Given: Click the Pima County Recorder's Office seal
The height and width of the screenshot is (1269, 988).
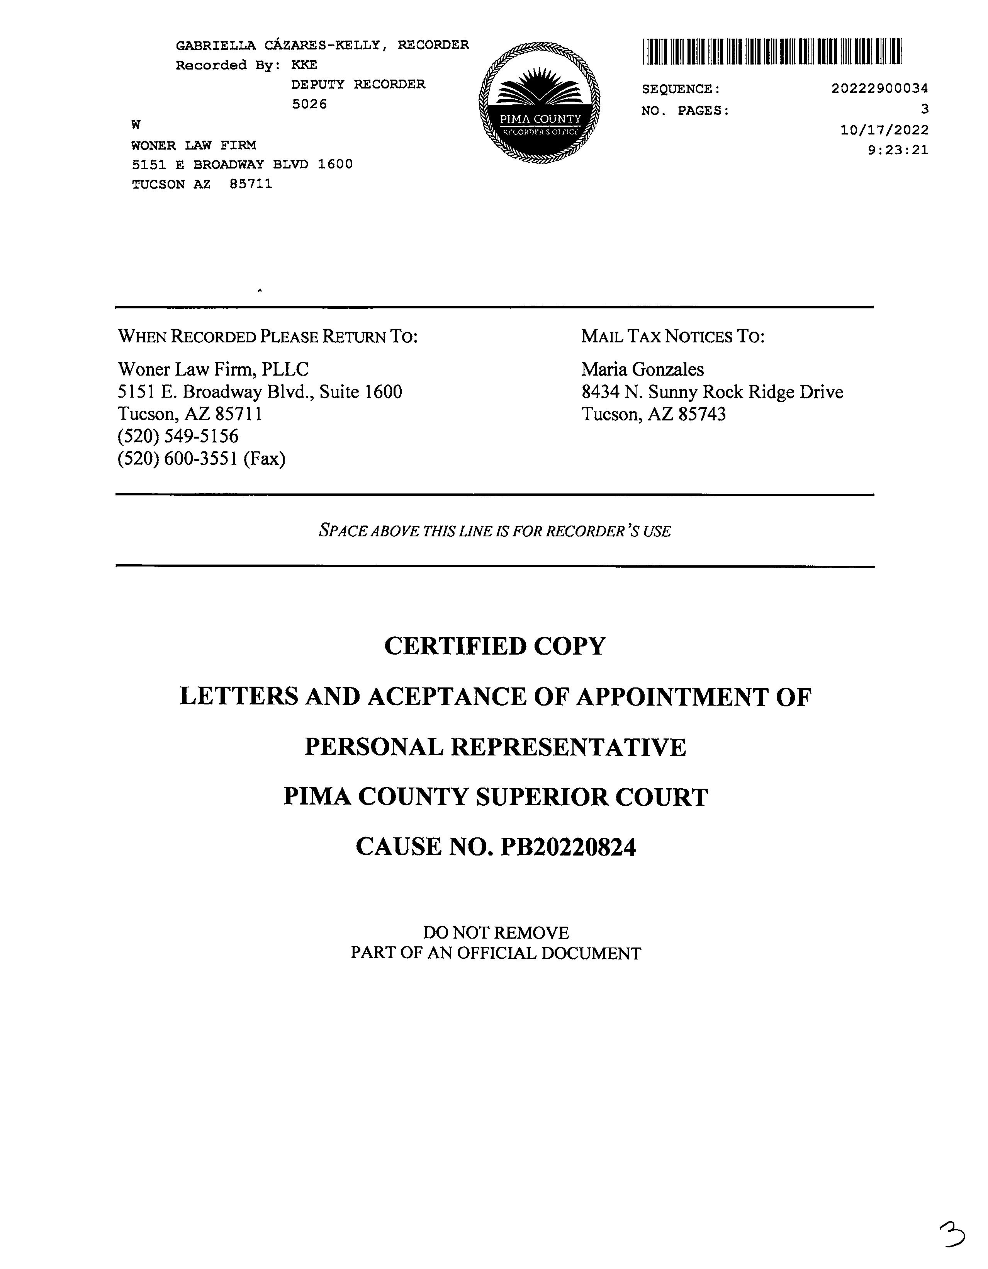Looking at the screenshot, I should (x=539, y=102).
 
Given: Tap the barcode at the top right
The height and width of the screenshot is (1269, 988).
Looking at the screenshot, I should (x=772, y=51).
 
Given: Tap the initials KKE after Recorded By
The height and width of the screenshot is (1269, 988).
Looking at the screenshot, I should (x=304, y=65).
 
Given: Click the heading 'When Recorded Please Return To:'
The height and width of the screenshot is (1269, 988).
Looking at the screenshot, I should (x=268, y=337).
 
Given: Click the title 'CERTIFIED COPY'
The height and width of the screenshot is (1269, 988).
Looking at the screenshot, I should (x=495, y=646).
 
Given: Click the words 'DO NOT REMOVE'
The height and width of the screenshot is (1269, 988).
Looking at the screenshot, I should (x=496, y=932).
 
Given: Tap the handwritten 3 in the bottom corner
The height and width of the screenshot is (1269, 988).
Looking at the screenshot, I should (x=951, y=1234).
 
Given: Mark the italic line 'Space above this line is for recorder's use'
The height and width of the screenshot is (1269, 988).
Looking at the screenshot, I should (x=495, y=531).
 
